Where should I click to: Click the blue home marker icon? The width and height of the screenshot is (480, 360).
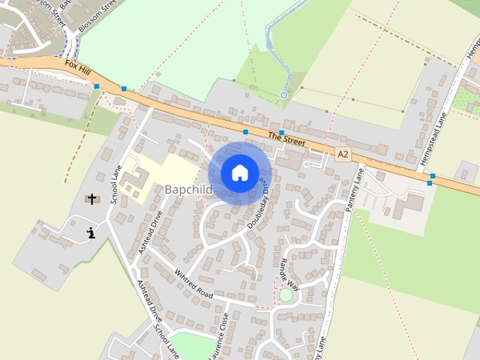click(239, 173)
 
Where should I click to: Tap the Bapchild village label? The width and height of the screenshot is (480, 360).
click(188, 190)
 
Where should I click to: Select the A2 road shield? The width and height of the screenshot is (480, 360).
click(343, 154)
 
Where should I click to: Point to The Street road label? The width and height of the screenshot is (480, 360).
click(284, 137)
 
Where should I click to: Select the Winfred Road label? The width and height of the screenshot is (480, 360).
click(193, 283)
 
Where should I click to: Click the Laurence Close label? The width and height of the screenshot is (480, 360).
click(226, 334)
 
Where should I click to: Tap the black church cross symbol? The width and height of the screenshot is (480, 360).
click(92, 199)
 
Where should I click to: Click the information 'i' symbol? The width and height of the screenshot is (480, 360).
click(91, 232)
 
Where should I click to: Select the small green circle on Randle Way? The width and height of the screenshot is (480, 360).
click(286, 295)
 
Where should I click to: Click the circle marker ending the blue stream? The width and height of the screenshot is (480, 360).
click(283, 95)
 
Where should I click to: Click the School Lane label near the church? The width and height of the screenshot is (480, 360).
click(115, 184)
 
